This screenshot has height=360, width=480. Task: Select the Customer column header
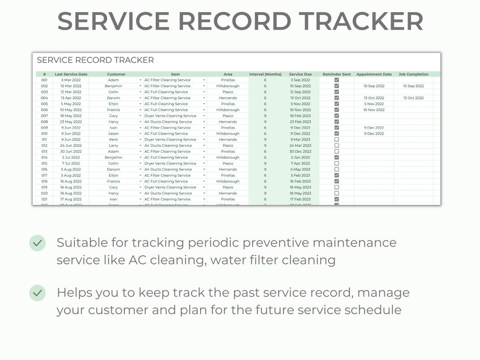tap(116, 74)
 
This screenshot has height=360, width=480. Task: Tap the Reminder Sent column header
tap(337, 74)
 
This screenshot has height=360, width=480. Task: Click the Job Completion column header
tap(414, 74)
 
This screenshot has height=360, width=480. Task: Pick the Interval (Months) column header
tap(265, 74)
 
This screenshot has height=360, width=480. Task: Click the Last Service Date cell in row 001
tap(71, 80)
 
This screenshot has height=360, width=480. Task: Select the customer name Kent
tap(114, 140)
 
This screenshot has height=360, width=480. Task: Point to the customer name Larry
tap(114, 146)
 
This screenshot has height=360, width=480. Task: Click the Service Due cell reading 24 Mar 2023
tap(300, 146)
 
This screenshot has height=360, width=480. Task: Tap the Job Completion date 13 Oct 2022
tap(414, 98)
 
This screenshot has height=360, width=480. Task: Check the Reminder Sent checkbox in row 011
tap(337, 140)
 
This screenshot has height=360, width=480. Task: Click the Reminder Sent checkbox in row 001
tap(337, 80)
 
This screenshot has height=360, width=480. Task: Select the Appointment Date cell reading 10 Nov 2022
tap(374, 110)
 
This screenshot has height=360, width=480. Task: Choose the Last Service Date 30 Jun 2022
tap(71, 152)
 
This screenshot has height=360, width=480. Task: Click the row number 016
tap(44, 170)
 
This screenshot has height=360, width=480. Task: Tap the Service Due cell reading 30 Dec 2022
tap(300, 152)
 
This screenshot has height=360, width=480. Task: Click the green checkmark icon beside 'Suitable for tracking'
tap(37, 243)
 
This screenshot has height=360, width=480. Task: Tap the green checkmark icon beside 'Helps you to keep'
tap(37, 293)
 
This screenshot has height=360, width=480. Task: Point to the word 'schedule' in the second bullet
tap(371, 310)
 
